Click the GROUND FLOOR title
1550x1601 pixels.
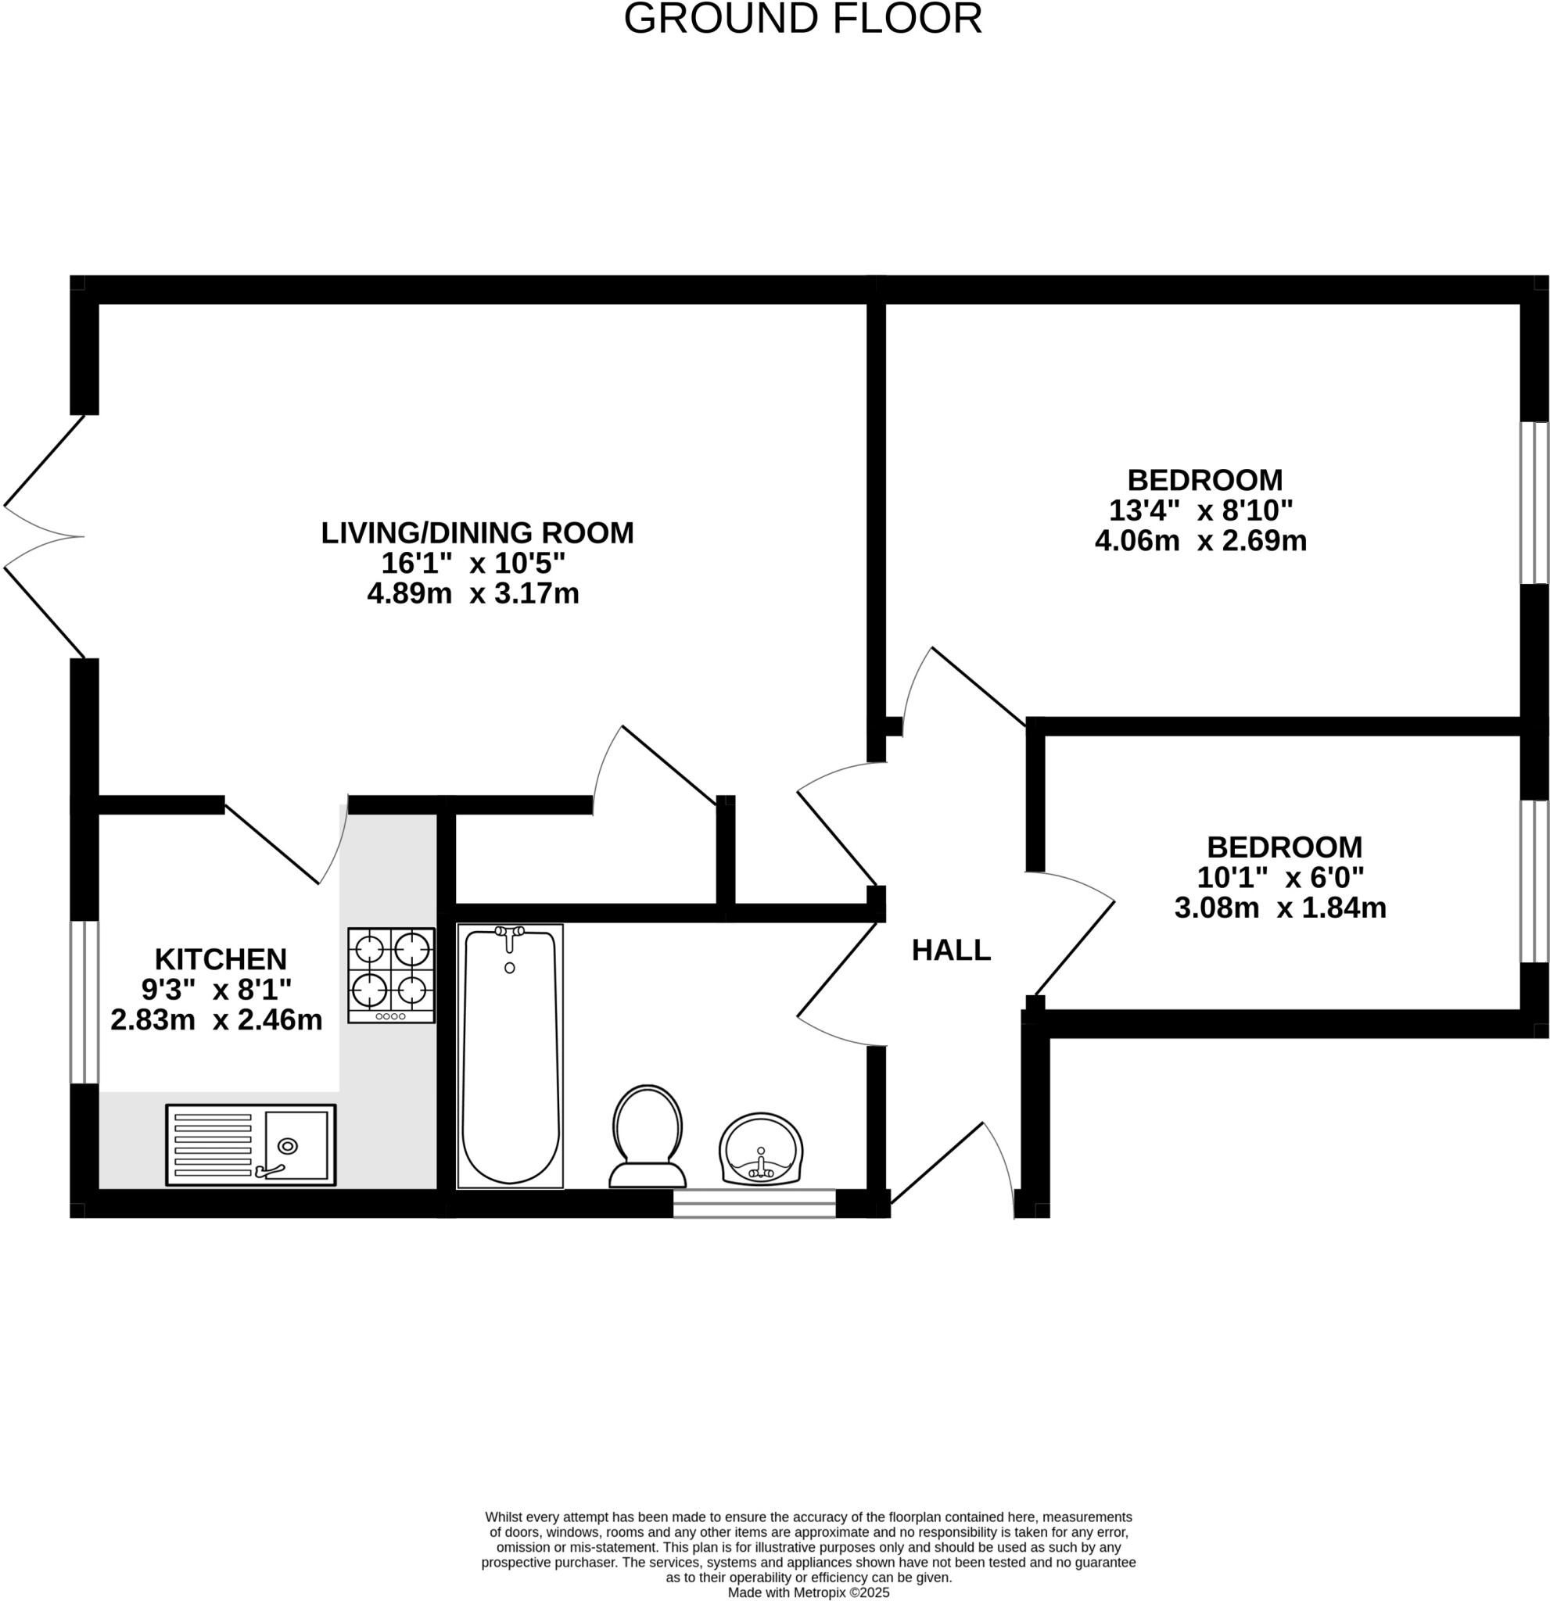[x=802, y=20]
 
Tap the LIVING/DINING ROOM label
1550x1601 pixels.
[x=476, y=532]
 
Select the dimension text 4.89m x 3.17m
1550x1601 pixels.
[x=473, y=594]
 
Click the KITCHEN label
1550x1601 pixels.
[x=221, y=958]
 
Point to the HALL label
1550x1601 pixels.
[x=951, y=950]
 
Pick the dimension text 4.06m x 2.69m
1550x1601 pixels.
[x=1200, y=541]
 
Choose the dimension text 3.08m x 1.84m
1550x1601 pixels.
[x=1279, y=908]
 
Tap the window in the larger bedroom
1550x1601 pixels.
[x=1534, y=503]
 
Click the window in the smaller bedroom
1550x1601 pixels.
[x=1534, y=880]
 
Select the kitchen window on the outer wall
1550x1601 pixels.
[x=84, y=1001]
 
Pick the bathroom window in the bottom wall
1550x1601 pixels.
[x=753, y=1203]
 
